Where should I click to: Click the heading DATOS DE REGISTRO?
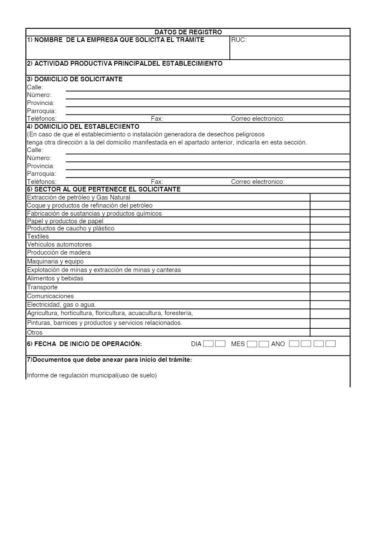tap(188, 32)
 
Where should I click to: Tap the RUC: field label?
tap(239, 40)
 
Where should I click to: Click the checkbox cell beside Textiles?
tap(330, 236)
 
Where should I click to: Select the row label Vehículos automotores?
tap(59, 244)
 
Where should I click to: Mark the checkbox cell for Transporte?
tap(330, 288)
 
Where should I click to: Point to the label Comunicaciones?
tap(50, 296)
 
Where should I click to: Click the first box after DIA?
tap(208, 344)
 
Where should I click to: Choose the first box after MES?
tap(252, 344)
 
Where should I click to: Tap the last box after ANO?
tap(331, 344)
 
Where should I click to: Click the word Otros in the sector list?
tap(35, 333)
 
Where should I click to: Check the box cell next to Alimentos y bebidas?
tap(330, 279)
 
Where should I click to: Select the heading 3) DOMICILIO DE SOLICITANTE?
tap(75, 79)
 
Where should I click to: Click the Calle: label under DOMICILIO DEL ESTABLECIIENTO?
tap(35, 150)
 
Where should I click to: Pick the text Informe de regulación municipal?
tap(92, 375)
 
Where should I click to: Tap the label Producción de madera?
tap(59, 252)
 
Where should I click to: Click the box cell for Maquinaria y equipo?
tap(330, 261)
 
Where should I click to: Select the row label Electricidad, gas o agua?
tap(61, 305)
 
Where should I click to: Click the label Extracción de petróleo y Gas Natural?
tap(78, 197)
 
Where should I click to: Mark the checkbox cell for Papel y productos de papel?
tap(330, 221)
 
